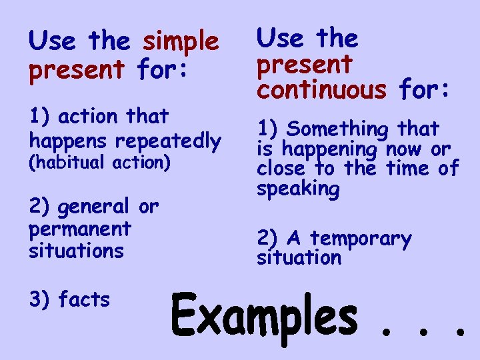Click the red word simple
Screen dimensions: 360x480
pyautogui.click(x=181, y=42)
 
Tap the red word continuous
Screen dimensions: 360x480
pyautogui.click(x=321, y=90)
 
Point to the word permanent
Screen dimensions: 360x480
pyautogui.click(x=80, y=229)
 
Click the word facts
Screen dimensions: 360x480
pyautogui.click(x=84, y=300)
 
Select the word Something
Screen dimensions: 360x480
pyautogui.click(x=341, y=129)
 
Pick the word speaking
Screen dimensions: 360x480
pyautogui.click(x=298, y=189)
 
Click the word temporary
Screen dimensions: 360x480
pyautogui.click(x=361, y=239)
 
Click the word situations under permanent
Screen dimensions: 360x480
pyautogui.click(x=76, y=251)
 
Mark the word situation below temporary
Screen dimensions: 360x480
pyautogui.click(x=299, y=257)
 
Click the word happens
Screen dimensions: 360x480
pyautogui.click(x=69, y=141)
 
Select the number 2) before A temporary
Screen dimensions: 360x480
pyautogui.click(x=269, y=238)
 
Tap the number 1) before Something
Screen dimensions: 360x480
pyautogui.click(x=269, y=129)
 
